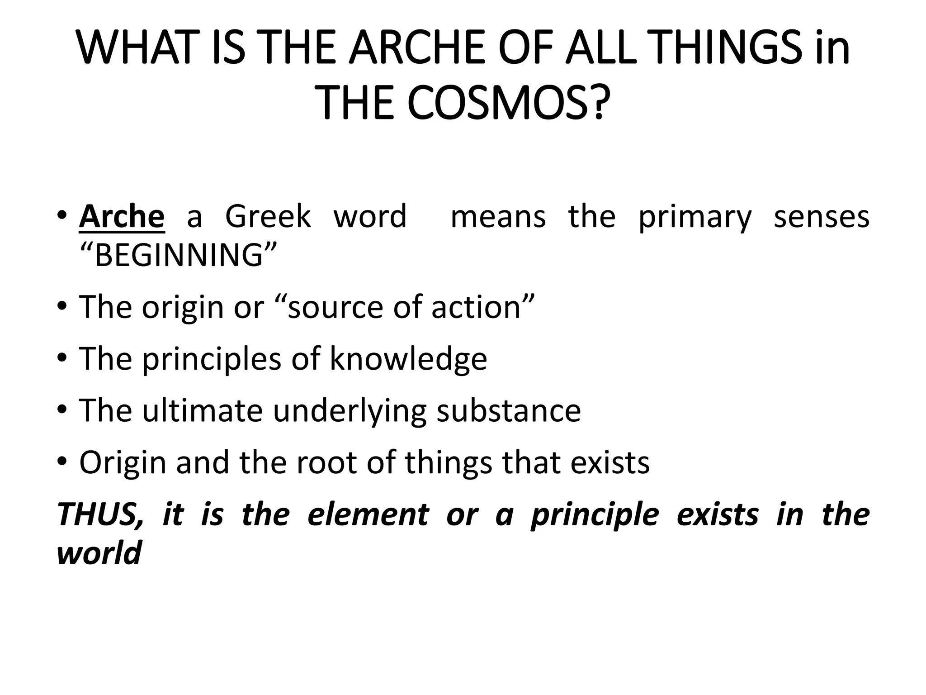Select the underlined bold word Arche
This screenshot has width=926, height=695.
pyautogui.click(x=122, y=217)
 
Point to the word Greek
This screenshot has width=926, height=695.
pyautogui.click(x=268, y=217)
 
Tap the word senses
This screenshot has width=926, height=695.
pyautogui.click(x=822, y=217)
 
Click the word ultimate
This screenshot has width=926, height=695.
pyautogui.click(x=202, y=410)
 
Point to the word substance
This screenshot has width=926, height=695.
pyautogui.click(x=509, y=410)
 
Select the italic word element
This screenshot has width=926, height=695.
pyautogui.click(x=368, y=515)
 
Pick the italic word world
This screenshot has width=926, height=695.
pyautogui.click(x=99, y=553)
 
